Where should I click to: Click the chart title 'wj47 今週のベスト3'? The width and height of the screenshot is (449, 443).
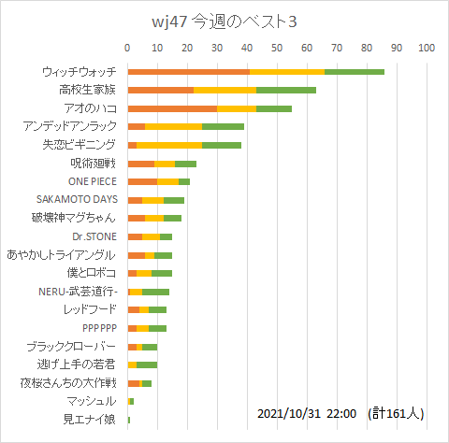pos(224,21)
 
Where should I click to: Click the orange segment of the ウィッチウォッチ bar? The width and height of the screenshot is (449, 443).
pos(188,72)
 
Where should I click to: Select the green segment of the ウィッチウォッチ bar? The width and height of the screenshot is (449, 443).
pos(355,72)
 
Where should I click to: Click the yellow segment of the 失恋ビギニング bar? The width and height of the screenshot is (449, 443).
pos(169,145)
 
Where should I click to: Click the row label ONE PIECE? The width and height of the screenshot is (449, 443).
pos(92,181)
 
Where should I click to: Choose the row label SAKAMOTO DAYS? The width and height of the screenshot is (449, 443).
pos(76,200)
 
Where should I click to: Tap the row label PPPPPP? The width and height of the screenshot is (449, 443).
pos(98,328)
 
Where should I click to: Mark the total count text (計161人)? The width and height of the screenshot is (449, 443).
pos(396,412)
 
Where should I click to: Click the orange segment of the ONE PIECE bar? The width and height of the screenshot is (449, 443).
pos(142,181)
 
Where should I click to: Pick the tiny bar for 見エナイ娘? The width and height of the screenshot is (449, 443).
pos(129,420)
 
